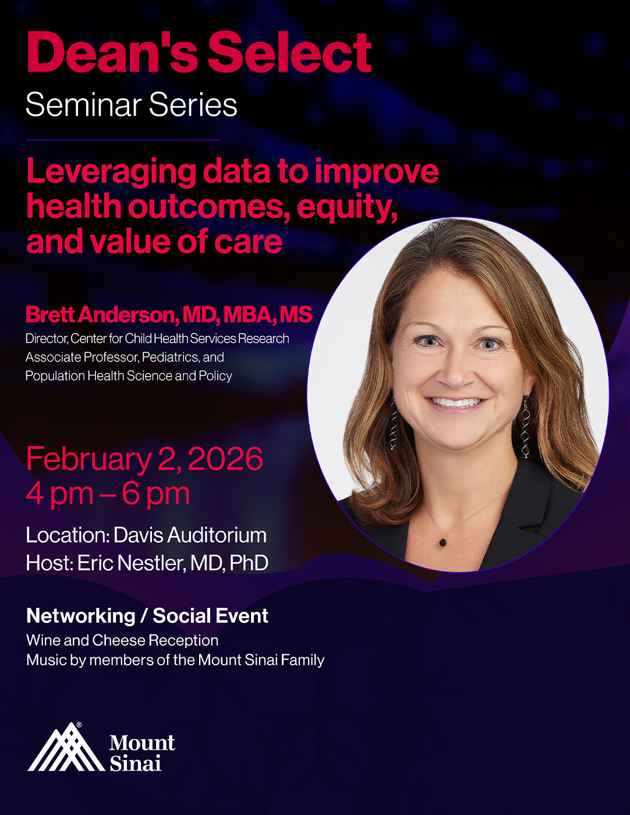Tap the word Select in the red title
tap(289, 52)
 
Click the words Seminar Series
tap(132, 105)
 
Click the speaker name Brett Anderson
tap(102, 314)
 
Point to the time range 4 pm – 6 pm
tap(108, 495)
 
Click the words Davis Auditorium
tap(190, 535)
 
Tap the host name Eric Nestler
tap(131, 562)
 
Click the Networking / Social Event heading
tap(147, 616)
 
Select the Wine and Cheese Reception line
tap(122, 640)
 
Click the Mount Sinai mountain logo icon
tap(66, 747)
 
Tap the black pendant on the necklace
tap(443, 541)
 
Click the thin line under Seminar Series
tap(123, 140)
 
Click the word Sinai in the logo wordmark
tap(136, 763)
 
